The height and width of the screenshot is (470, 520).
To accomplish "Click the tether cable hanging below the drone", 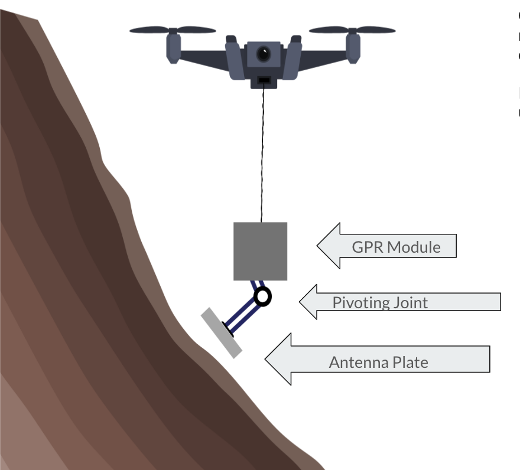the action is [x=262, y=154].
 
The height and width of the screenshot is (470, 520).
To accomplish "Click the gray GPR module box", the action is [x=260, y=251].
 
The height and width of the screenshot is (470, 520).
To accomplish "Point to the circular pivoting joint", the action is [x=262, y=296].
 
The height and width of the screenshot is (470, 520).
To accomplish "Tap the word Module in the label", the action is [x=414, y=246].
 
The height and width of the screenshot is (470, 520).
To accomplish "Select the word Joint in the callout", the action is [x=408, y=303].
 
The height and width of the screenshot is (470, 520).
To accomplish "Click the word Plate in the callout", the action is [x=409, y=362].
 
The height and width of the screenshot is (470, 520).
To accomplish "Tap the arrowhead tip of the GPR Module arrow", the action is [x=318, y=246].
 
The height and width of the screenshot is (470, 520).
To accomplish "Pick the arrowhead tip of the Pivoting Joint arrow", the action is [x=300, y=302].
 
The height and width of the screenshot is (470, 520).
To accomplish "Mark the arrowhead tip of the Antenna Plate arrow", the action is [x=265, y=359].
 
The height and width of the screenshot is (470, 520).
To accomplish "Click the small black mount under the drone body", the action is [x=264, y=80].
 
